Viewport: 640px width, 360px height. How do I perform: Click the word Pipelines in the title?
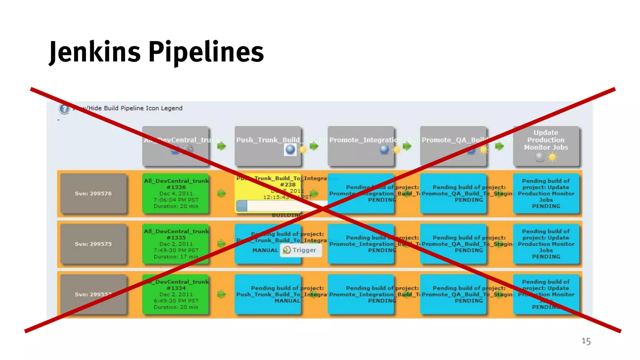[206, 52]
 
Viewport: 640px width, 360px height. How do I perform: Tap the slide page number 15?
[586, 341]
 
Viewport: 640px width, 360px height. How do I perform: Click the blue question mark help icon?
[64, 109]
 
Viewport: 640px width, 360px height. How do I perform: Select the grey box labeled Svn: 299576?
[93, 193]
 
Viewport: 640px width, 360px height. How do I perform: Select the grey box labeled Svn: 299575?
[93, 244]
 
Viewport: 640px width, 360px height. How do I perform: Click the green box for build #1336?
[176, 193]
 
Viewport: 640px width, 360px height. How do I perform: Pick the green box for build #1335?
[176, 244]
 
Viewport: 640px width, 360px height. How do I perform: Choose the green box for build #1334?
[176, 294]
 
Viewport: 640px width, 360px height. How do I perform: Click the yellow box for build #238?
[268, 187]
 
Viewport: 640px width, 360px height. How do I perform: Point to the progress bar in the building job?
[275, 206]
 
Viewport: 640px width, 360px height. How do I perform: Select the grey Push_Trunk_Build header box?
[268, 146]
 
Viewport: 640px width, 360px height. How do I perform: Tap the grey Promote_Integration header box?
[361, 146]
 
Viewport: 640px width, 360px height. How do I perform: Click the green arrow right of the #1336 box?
[222, 193]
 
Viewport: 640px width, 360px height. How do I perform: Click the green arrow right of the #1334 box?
[222, 294]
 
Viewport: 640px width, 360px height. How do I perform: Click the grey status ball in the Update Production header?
[540, 157]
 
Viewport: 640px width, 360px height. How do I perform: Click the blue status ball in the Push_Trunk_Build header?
[290, 149]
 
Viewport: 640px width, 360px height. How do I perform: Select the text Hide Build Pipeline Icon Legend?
[135, 108]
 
